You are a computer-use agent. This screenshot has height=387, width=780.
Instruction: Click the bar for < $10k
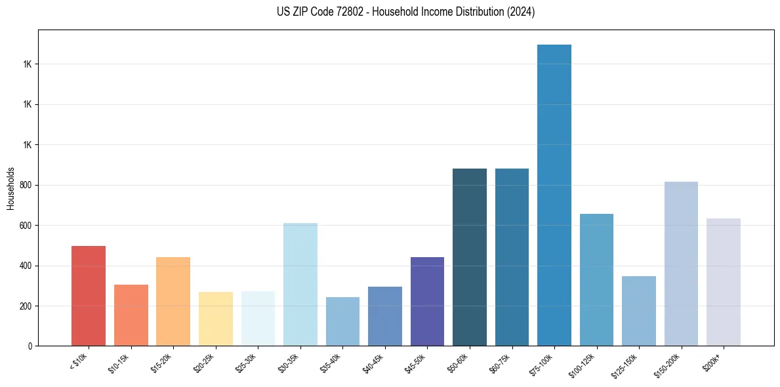point(89,296)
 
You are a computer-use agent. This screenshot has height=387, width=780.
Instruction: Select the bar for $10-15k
point(131,315)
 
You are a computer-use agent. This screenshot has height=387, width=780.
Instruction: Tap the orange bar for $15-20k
point(173,301)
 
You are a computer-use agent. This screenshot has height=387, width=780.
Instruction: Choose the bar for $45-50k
point(427,301)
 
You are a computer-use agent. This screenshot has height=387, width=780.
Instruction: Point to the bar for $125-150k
point(639,311)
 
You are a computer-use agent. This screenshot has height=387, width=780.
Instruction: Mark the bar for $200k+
point(724,282)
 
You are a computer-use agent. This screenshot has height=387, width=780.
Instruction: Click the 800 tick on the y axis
point(26,185)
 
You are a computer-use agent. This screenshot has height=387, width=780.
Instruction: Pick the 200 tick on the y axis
point(26,306)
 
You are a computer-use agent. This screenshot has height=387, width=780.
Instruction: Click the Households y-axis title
point(11,188)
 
